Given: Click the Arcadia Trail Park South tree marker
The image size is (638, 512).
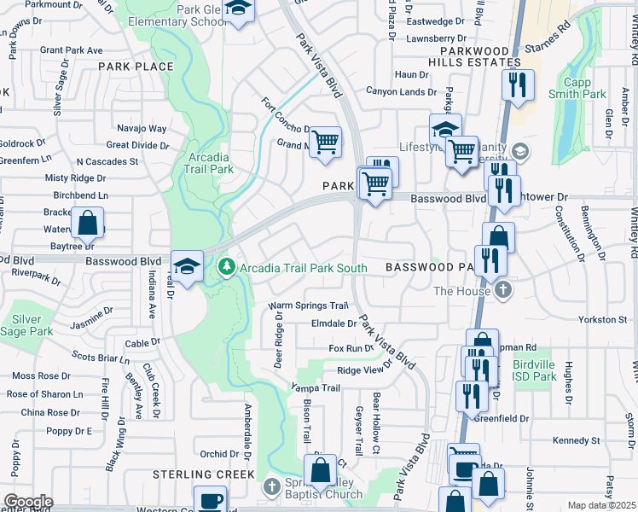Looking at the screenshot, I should click(x=227, y=267).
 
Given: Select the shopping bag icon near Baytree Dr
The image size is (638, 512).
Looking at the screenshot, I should click(x=88, y=225).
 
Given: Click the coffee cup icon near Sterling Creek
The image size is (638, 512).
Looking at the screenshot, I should click(x=210, y=500).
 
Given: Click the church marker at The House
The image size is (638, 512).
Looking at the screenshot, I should click(x=503, y=290).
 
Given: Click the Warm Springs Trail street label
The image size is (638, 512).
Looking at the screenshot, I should click(x=309, y=305).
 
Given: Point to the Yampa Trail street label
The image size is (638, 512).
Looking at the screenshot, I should click(x=316, y=387).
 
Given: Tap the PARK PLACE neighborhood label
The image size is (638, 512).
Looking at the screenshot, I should click(x=136, y=67).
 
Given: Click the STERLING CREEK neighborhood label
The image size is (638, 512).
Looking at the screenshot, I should click(x=203, y=474).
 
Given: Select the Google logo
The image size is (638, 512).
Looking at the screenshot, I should click(x=28, y=501).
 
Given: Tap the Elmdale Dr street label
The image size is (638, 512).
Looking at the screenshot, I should click(x=333, y=323).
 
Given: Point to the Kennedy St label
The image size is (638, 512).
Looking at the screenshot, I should click(x=577, y=440).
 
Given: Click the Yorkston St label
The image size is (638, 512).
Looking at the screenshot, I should click(x=603, y=319).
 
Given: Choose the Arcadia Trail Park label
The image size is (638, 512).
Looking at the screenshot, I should click(x=208, y=163).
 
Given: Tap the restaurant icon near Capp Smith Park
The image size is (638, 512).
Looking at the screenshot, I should click(x=518, y=84).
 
